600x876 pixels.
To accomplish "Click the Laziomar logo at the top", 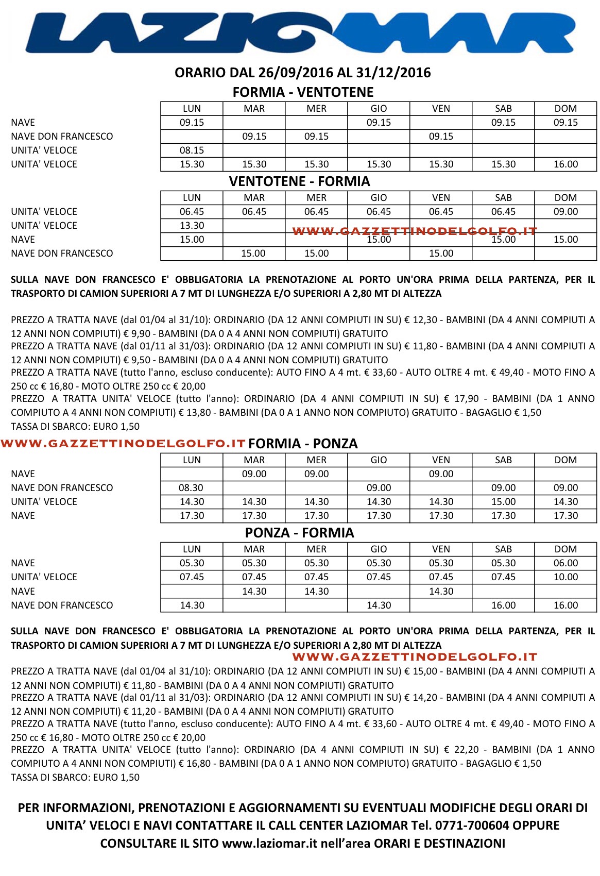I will point(300,33).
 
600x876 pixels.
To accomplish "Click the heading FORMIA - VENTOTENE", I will point(303,92).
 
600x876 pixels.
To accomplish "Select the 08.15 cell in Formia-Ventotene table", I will point(192,150).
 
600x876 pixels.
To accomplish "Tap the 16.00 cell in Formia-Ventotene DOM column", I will point(565,164).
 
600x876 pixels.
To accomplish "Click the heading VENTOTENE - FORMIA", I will point(299,181).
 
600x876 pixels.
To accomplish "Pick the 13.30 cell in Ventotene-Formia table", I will point(192,226).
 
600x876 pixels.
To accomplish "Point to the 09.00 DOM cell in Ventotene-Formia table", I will point(565,212).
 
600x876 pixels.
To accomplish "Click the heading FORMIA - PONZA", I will point(303,444).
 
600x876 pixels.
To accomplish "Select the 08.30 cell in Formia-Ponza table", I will point(192,488).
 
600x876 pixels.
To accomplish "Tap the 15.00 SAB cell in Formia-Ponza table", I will point(503,502).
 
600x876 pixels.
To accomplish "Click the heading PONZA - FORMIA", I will point(299,533).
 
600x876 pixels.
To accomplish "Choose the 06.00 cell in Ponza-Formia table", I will point(565,563).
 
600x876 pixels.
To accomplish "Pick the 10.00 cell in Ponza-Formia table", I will point(565,577).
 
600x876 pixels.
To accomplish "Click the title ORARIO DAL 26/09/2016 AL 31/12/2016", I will point(302,73).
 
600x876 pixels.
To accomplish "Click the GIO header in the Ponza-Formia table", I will point(379,549).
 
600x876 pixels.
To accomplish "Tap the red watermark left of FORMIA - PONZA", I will point(123,444).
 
